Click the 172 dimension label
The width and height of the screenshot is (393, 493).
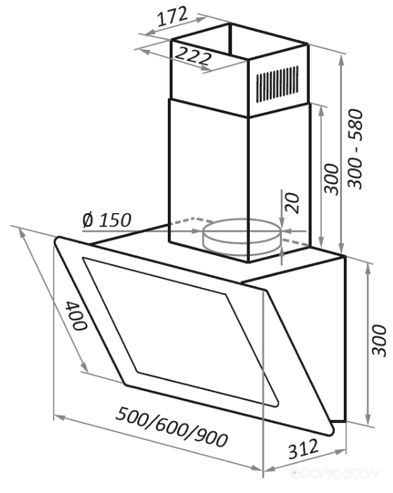pos(172,16)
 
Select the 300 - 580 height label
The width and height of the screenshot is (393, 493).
pos(356,149)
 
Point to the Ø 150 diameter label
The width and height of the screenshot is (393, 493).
pos(107,220)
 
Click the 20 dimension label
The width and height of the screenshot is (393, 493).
pos(291,203)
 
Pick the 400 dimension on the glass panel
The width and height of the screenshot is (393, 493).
pos(76,315)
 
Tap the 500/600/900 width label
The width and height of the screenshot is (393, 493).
pos(172,427)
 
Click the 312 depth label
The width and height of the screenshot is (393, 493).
pos(303,449)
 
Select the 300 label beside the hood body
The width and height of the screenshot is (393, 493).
pos(378,340)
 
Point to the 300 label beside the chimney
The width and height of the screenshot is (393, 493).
pos(332,179)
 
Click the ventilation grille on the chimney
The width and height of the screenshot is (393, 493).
pos(277,84)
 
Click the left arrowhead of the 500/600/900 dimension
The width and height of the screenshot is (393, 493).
pos(60,418)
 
